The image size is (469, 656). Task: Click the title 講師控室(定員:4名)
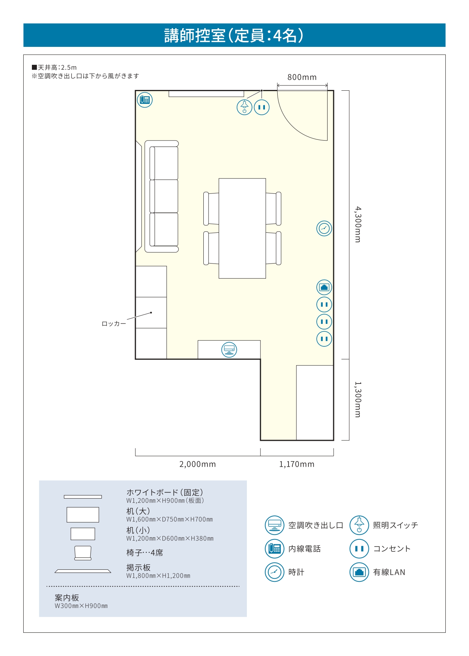[x=234, y=36]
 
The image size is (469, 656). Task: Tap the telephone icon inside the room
[x=144, y=100]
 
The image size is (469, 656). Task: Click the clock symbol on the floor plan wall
[x=324, y=228]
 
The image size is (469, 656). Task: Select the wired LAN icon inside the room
[x=324, y=288]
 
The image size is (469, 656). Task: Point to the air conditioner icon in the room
[x=229, y=349]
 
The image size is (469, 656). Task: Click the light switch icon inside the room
[x=244, y=107]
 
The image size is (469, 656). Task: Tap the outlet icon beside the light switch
[x=262, y=107]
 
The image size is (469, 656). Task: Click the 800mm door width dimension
[x=302, y=77]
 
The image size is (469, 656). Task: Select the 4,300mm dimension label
[x=358, y=224]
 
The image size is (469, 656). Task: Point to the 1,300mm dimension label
[x=358, y=400]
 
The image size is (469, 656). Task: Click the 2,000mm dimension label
[x=198, y=464]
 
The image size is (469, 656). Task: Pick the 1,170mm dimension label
[x=297, y=464]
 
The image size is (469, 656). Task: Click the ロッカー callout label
[x=114, y=324]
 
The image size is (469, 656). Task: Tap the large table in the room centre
[x=242, y=228]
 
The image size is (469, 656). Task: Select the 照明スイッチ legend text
[x=395, y=525]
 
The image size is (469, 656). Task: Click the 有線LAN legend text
[x=389, y=572]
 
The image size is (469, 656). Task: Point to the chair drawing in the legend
[x=83, y=553]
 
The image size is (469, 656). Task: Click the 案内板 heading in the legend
[x=67, y=598]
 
